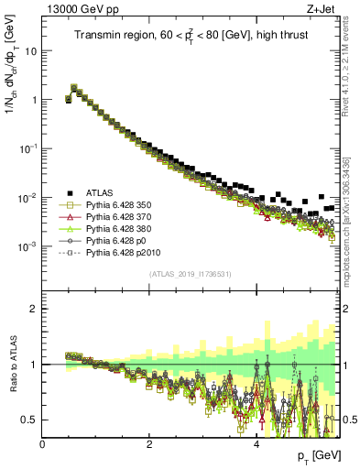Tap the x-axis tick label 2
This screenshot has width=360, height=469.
click(x=149, y=443)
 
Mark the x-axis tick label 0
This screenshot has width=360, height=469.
click(x=42, y=443)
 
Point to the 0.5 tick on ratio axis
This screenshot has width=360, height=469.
click(x=29, y=420)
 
